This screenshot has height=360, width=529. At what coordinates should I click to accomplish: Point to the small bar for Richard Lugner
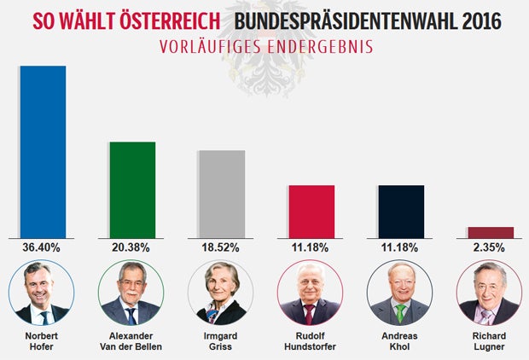pyautogui.click(x=491, y=232)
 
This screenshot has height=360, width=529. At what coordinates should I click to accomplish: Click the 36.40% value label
pyautogui.click(x=43, y=247)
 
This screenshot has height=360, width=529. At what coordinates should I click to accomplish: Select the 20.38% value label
pyautogui.click(x=131, y=247)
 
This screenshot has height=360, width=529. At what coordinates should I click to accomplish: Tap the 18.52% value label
pyautogui.click(x=221, y=247)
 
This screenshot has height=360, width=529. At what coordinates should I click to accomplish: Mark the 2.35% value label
pyautogui.click(x=490, y=247)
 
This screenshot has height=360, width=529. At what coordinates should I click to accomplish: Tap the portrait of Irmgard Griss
pyautogui.click(x=221, y=293)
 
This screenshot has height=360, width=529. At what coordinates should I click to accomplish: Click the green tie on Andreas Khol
pyautogui.click(x=399, y=312)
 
